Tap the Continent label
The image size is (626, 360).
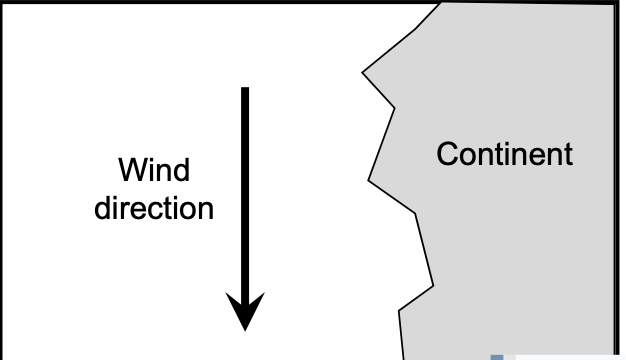(x=506, y=155)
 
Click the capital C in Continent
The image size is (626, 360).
(x=446, y=155)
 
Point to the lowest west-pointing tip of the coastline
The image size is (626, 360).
(x=399, y=311)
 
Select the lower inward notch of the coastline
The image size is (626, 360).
(x=417, y=214)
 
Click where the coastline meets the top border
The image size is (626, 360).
(x=440, y=3)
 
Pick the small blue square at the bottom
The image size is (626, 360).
(x=495, y=355)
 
